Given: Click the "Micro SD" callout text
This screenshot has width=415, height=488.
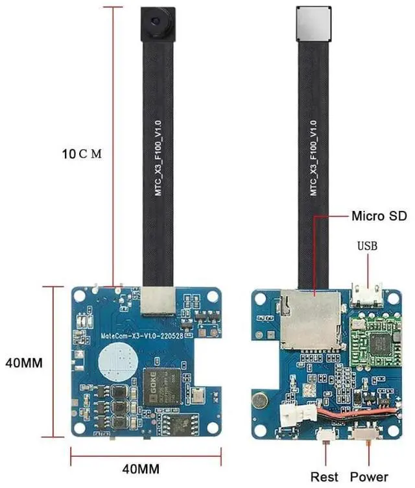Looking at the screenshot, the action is [x=379, y=215].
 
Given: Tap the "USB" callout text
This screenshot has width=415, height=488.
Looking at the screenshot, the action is [x=367, y=246].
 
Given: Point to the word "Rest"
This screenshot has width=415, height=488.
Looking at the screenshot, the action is [x=324, y=477].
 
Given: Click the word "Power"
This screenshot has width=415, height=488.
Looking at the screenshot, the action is [x=369, y=477].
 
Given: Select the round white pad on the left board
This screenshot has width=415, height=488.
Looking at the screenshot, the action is [x=117, y=360].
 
